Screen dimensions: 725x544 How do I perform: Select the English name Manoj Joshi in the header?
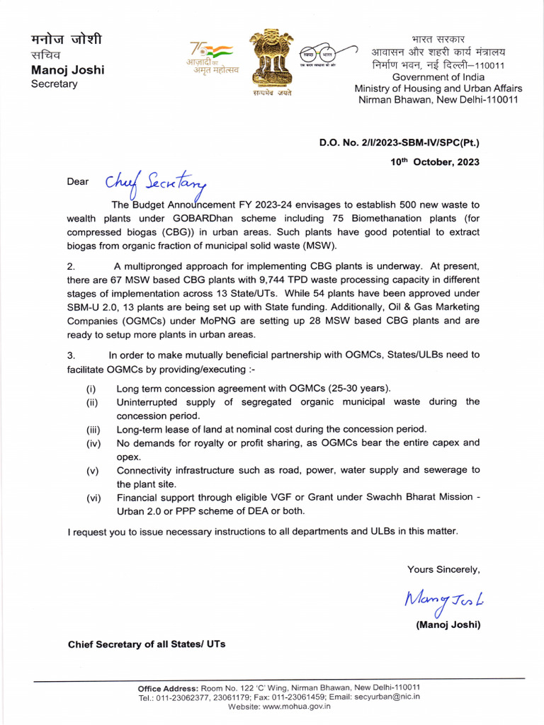click(x=67, y=70)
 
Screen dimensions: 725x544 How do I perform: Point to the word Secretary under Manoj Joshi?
click(x=54, y=84)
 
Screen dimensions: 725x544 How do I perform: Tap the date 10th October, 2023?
click(x=435, y=161)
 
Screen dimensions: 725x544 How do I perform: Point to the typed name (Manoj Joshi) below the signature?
click(x=448, y=624)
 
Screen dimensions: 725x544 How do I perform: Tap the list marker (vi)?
click(x=93, y=498)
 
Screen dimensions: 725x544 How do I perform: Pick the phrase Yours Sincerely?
click(x=443, y=569)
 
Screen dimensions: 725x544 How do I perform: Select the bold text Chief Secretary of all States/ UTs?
click(x=147, y=644)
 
